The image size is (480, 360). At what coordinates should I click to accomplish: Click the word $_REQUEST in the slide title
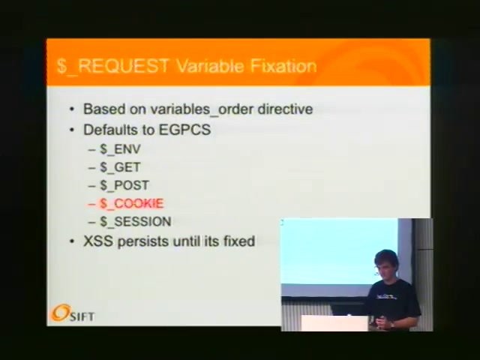click(x=113, y=67)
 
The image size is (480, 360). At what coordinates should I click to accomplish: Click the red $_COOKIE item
click(x=132, y=203)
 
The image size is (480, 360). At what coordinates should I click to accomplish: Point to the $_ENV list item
click(x=120, y=149)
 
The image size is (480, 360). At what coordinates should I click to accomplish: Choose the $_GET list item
click(x=120, y=167)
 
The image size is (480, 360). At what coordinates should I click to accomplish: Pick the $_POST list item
click(x=124, y=185)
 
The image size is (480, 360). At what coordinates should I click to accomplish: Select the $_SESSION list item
click(x=135, y=222)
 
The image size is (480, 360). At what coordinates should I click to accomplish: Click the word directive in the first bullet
click(x=285, y=109)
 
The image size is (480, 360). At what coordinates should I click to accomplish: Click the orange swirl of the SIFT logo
click(x=61, y=313)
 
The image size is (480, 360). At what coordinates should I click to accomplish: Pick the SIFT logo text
click(x=82, y=316)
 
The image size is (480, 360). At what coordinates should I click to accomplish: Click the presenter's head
click(x=385, y=263)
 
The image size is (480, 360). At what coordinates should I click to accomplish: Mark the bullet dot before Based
click(x=72, y=109)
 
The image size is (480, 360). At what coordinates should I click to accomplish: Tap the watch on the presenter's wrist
click(x=392, y=325)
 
